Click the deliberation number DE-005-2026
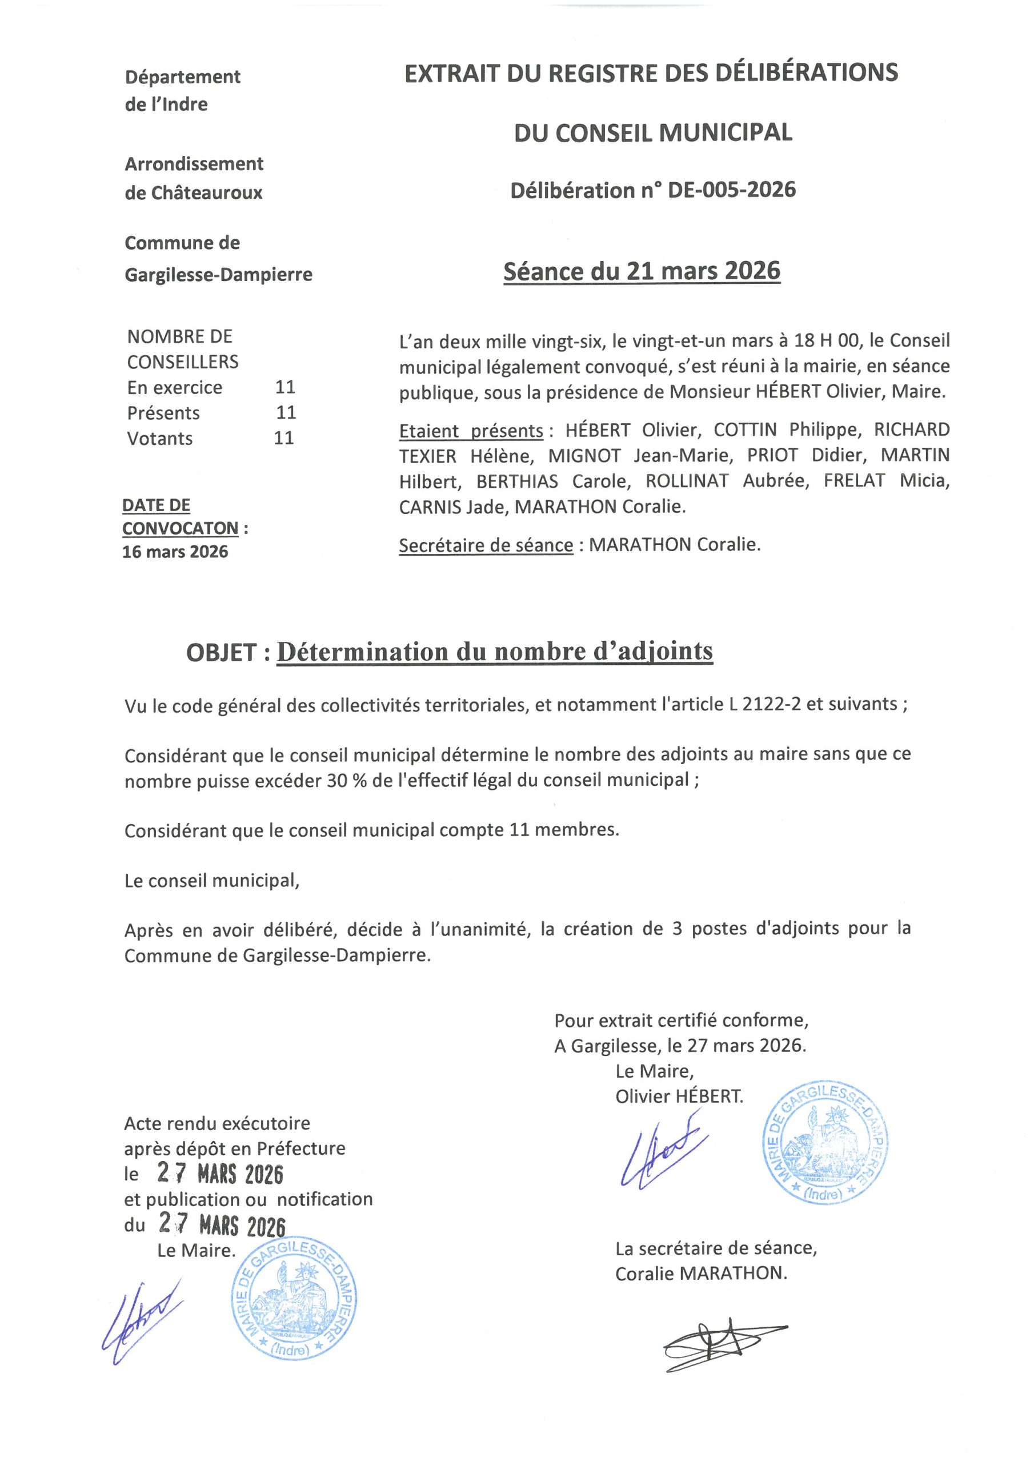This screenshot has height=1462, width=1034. click(x=731, y=190)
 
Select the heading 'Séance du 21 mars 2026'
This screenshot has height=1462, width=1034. click(x=642, y=271)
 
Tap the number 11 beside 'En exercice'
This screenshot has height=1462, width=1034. click(x=285, y=387)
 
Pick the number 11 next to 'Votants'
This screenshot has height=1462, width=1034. click(x=284, y=438)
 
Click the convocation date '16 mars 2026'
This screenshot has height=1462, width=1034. click(x=175, y=552)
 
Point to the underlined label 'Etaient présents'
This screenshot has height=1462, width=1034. click(x=471, y=431)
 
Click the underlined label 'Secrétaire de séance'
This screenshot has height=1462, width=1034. click(x=486, y=546)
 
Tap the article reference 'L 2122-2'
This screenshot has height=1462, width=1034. click(x=763, y=704)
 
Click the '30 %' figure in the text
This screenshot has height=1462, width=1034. click(x=347, y=780)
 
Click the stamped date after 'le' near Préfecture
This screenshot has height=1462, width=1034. click(x=221, y=1174)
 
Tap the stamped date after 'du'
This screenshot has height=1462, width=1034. click(x=222, y=1225)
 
